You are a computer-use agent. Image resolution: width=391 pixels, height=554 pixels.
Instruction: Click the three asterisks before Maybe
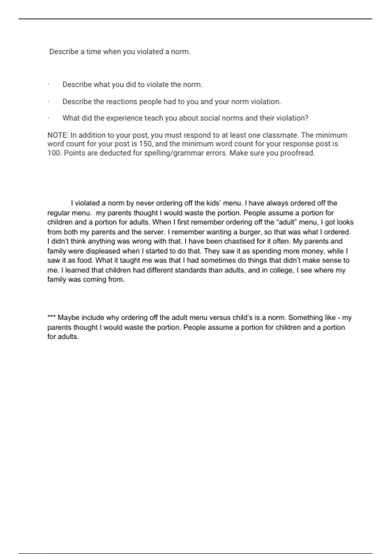tap(51, 317)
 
